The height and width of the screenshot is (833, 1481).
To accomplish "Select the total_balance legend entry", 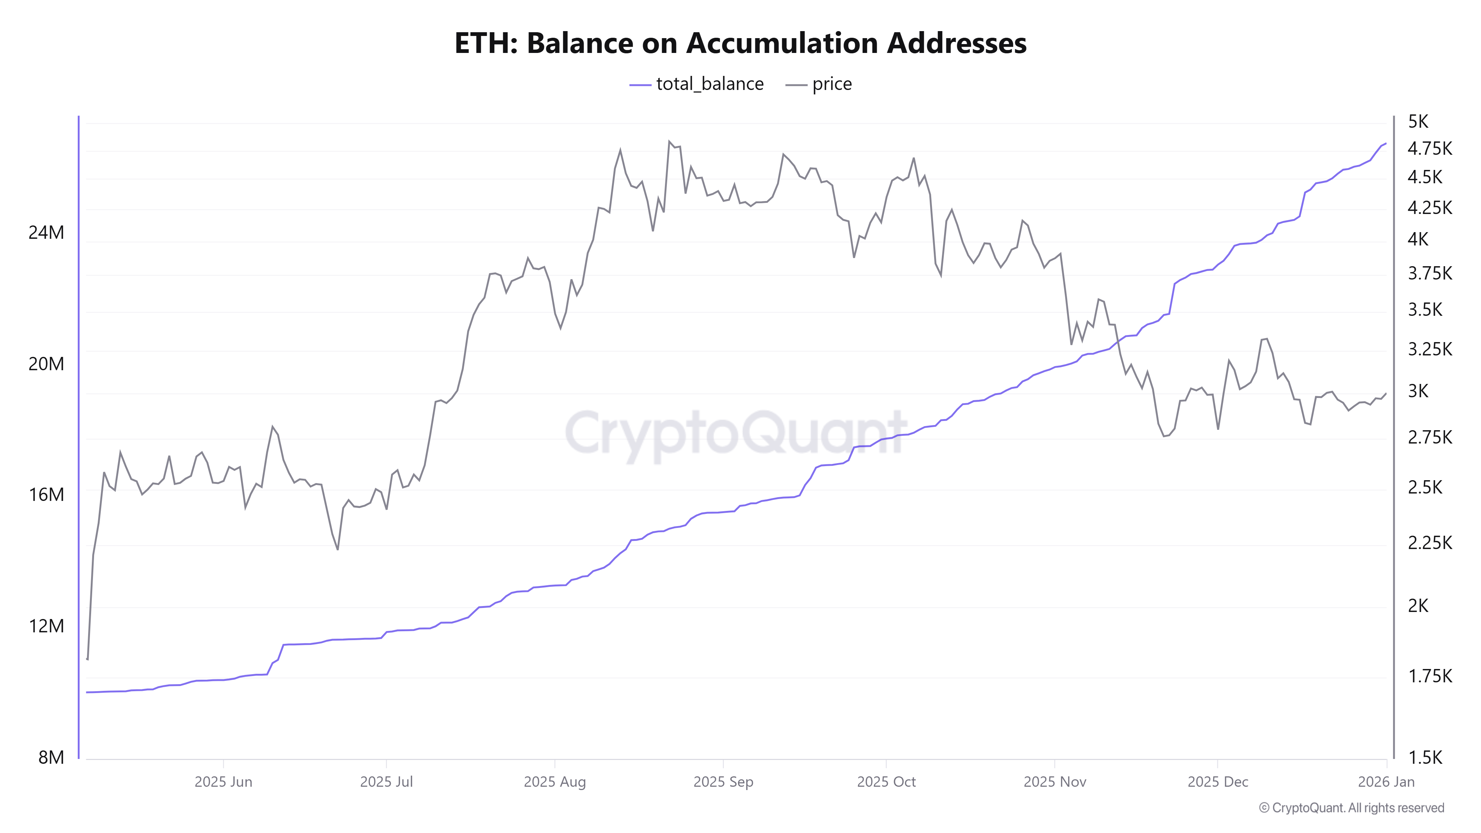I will click(697, 84).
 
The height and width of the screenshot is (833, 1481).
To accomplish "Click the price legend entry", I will click(819, 84).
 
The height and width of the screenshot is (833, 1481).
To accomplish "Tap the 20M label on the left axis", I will click(46, 364).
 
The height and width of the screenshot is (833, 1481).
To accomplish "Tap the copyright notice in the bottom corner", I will click(1351, 808).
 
